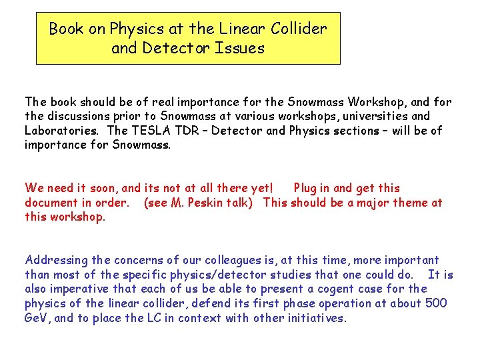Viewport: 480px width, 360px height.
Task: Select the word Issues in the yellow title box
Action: (241, 49)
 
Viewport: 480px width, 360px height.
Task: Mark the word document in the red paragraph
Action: (52, 203)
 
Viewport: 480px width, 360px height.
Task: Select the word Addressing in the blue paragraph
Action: (56, 261)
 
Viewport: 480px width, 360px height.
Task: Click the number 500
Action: (435, 303)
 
